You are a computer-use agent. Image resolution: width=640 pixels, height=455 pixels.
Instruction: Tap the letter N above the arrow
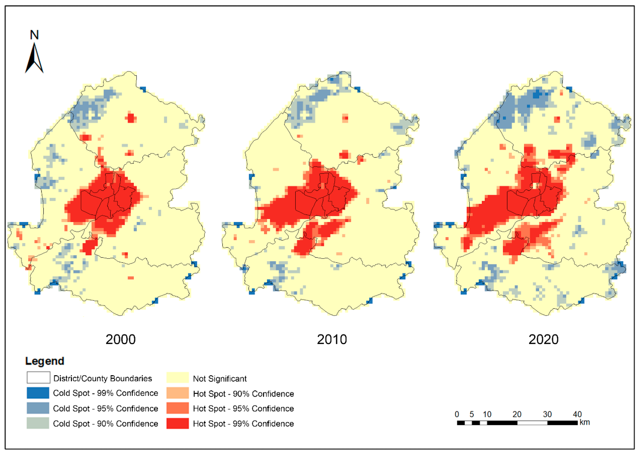click(34, 35)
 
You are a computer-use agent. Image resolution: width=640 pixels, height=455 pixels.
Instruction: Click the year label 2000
click(120, 340)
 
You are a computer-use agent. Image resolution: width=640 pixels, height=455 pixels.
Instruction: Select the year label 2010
click(332, 340)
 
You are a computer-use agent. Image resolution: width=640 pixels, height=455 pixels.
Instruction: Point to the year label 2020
click(543, 340)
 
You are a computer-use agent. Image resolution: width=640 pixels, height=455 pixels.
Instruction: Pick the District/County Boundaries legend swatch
click(38, 378)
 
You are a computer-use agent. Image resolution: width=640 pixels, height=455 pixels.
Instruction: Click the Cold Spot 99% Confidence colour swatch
click(38, 393)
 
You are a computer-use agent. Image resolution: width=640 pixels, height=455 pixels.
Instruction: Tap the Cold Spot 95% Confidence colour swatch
click(38, 408)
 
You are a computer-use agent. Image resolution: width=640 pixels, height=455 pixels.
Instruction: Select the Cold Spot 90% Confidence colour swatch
click(38, 423)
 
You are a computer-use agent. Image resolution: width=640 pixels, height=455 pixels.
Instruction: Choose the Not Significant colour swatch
click(178, 378)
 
